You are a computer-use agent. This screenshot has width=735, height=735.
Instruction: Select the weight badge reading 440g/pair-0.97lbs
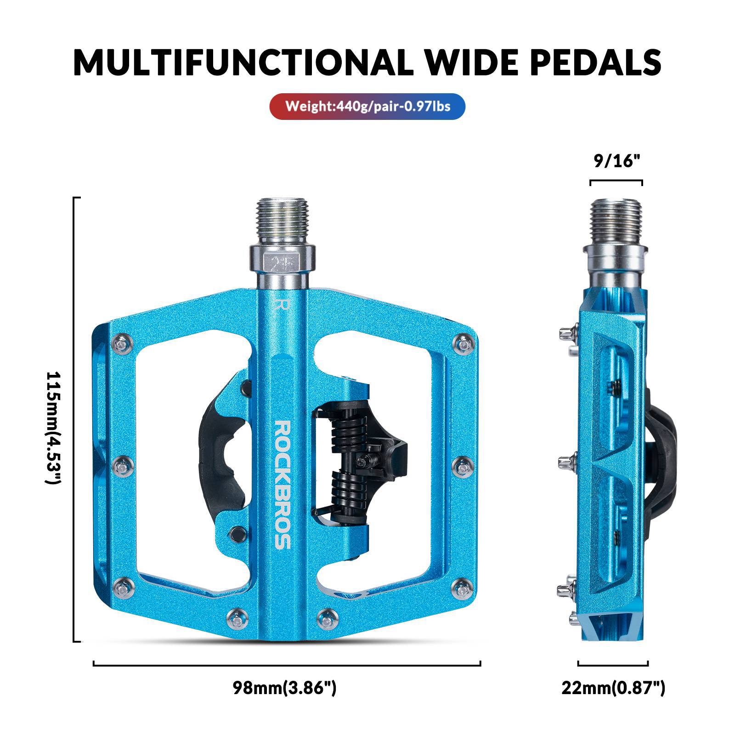point(367,107)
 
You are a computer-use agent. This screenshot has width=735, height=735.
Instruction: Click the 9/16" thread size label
point(616,161)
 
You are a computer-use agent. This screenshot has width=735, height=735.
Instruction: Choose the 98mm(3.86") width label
point(284,688)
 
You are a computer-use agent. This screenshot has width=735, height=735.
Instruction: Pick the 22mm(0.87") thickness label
point(613,688)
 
